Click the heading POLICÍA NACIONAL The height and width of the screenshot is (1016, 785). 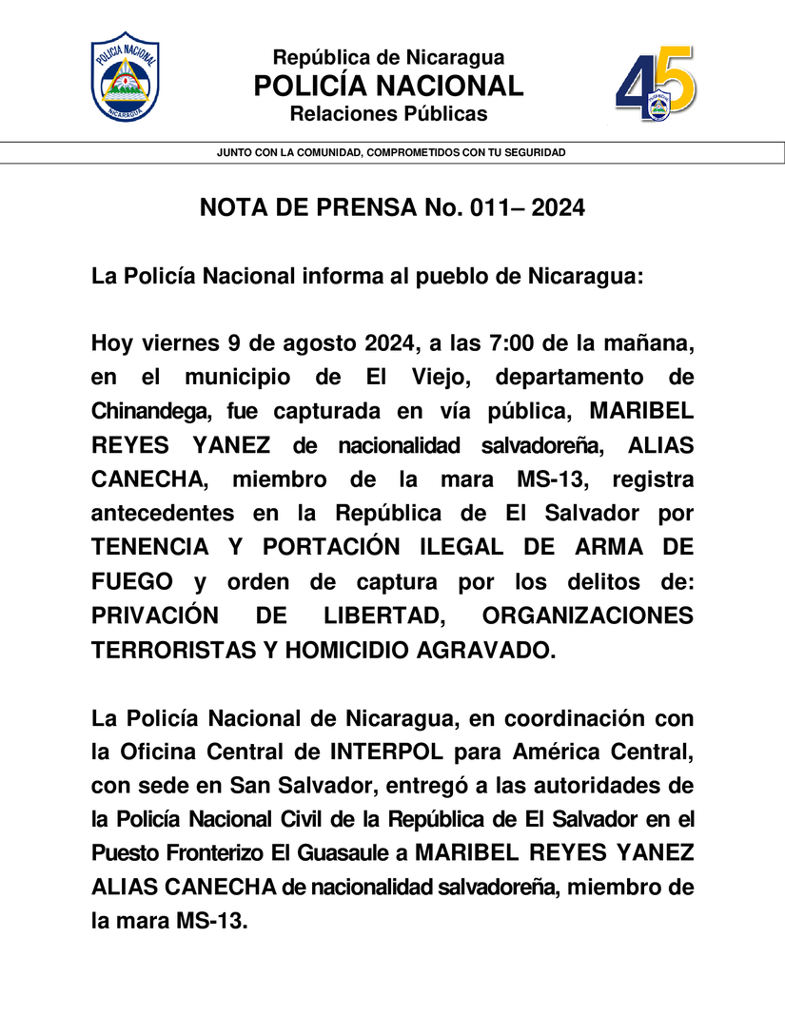pyautogui.click(x=388, y=86)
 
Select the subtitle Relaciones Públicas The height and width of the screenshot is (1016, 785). pyautogui.click(x=388, y=114)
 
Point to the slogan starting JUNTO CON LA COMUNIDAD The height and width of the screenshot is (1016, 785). pyautogui.click(x=391, y=152)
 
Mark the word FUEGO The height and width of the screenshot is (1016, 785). pyautogui.click(x=132, y=581)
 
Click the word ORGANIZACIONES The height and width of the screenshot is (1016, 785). pyautogui.click(x=588, y=615)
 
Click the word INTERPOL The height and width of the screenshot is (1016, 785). pyautogui.click(x=386, y=752)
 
